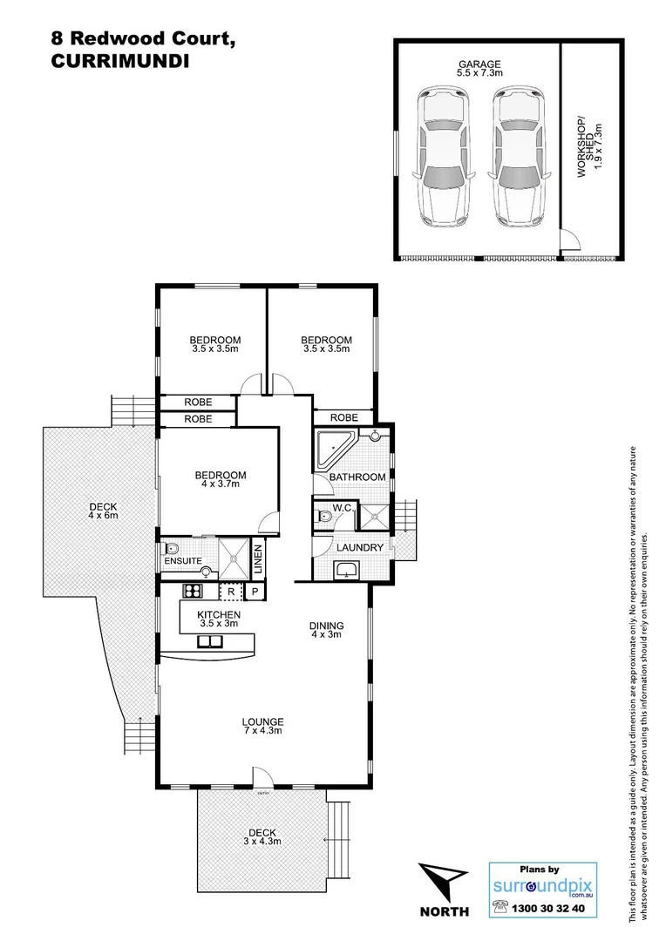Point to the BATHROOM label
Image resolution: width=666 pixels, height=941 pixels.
tap(357, 477)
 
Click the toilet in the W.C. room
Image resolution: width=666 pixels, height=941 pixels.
tap(323, 517)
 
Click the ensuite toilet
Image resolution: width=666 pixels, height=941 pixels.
tap(172, 550)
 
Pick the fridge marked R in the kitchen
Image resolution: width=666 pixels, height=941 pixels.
tap(229, 592)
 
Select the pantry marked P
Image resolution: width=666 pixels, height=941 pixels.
tap(255, 592)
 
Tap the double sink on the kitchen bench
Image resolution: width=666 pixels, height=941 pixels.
tap(209, 642)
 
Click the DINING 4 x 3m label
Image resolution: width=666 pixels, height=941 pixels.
tap(327, 630)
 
